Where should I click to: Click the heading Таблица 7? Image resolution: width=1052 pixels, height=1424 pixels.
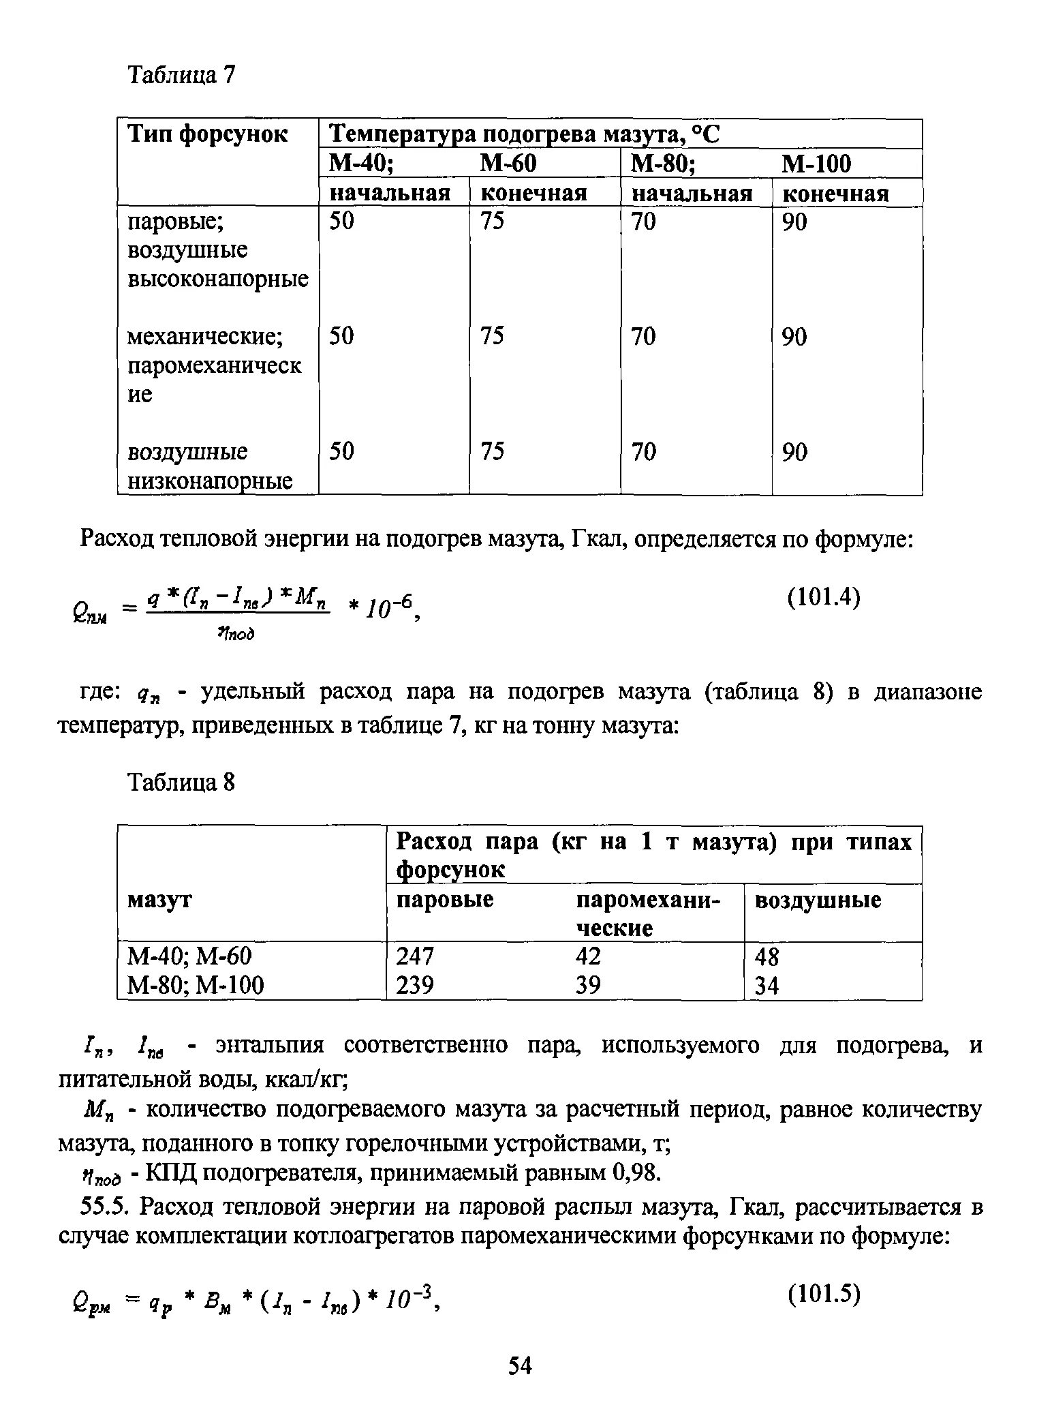(x=181, y=75)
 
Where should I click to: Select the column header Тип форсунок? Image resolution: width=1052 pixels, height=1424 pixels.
(x=208, y=134)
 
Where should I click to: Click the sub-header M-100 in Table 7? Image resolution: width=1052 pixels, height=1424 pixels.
(x=816, y=164)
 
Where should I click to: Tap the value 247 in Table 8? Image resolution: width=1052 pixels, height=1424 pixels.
(x=414, y=957)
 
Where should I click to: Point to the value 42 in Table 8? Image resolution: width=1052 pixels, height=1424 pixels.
(x=588, y=956)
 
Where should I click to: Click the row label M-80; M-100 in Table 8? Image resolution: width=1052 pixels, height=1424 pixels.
(x=196, y=985)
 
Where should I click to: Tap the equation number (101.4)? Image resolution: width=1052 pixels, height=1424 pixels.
(x=824, y=598)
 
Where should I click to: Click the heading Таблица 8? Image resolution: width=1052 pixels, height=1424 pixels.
(x=181, y=783)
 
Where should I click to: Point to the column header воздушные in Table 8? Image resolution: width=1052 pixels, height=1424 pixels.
(x=818, y=900)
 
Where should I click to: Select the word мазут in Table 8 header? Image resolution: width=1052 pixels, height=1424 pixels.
(x=159, y=900)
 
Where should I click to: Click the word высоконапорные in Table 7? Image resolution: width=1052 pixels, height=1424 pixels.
(x=219, y=279)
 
